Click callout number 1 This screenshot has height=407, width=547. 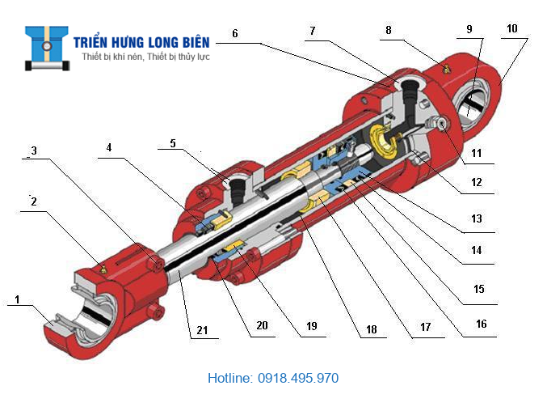pos(16,299)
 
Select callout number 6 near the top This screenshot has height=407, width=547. pos(234,34)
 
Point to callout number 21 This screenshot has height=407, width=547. pos(201,329)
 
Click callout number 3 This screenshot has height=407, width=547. pos(33,151)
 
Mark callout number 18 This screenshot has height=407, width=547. pos(371,330)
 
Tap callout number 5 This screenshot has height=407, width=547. pos(172,144)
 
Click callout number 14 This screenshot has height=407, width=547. pos(478,251)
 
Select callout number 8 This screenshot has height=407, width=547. pos(389,30)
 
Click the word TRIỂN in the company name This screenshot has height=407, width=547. pos(95,42)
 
